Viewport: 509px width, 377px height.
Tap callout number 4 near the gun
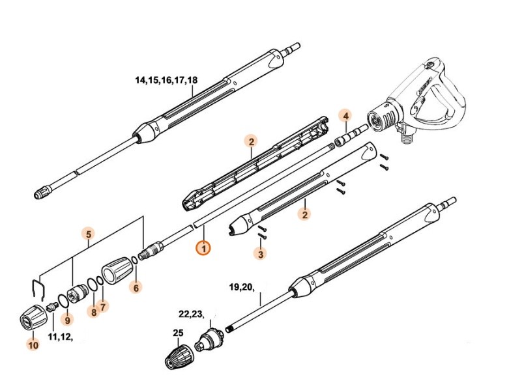tap(346, 116)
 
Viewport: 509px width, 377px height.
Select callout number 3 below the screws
tap(261, 254)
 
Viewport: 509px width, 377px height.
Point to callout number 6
tap(135, 287)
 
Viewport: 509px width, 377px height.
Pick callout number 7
tap(103, 305)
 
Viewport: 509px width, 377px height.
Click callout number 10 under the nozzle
tap(33, 346)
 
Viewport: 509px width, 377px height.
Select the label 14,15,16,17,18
tap(166, 81)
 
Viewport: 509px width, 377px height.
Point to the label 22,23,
tap(190, 314)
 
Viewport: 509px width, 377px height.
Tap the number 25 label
tap(178, 333)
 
